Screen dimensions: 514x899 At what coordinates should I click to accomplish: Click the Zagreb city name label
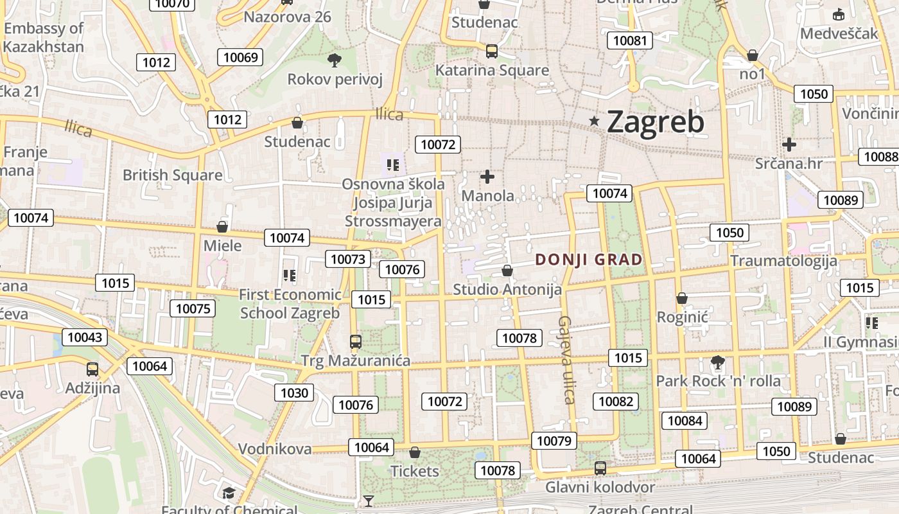point(655,122)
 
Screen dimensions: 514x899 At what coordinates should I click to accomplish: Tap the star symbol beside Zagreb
point(595,121)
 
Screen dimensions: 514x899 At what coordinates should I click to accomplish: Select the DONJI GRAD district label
point(589,260)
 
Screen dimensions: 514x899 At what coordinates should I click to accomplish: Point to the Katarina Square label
point(493,70)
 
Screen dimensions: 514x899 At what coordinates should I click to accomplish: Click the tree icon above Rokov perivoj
point(334,60)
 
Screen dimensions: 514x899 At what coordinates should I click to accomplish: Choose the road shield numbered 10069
point(241,57)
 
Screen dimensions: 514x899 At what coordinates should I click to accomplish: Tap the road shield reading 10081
point(630,40)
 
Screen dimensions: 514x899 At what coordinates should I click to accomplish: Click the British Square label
point(173,175)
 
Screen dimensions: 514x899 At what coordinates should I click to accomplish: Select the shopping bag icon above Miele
point(222,227)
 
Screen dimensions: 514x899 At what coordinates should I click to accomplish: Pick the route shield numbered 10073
point(349,259)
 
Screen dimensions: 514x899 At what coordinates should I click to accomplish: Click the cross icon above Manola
point(487,176)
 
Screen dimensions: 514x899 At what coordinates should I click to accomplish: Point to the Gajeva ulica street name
point(566,360)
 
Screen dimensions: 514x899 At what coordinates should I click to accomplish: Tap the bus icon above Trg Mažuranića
point(355,341)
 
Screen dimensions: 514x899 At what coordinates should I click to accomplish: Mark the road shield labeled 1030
point(295,392)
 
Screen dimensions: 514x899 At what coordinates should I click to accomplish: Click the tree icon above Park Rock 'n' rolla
point(717,363)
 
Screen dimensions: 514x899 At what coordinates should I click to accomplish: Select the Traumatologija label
point(783,260)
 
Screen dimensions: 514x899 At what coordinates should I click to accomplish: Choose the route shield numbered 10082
point(616,402)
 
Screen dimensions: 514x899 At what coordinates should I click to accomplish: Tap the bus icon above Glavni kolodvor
point(600,468)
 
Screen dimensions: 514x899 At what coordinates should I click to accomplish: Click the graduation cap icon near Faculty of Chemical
point(229,493)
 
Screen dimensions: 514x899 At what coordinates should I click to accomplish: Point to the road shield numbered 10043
point(85,337)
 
